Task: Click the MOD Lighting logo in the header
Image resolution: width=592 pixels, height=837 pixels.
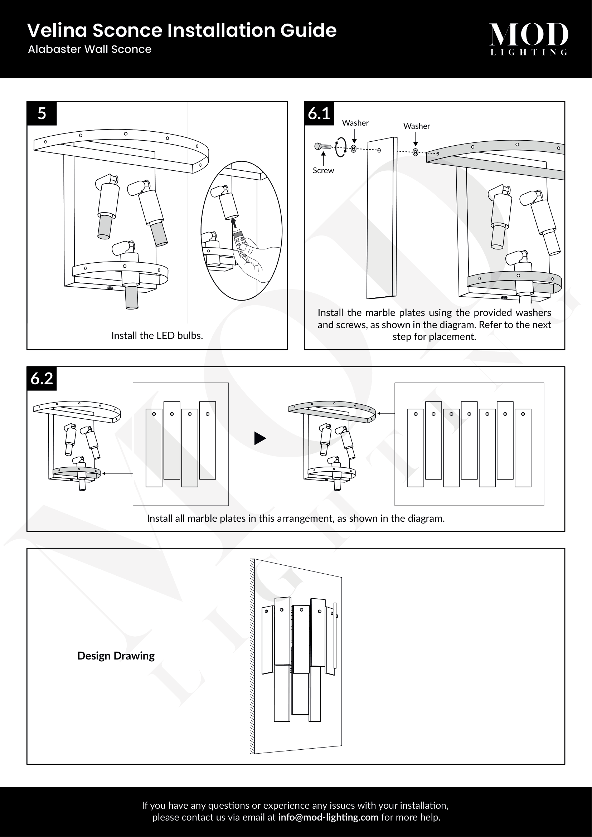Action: coord(529,38)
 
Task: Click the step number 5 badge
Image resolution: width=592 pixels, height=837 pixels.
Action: coord(42,113)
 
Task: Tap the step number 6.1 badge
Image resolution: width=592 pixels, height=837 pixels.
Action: coord(319,113)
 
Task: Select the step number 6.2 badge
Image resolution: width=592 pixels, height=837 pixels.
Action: coord(42,378)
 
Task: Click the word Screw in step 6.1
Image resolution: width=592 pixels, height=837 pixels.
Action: coord(323,171)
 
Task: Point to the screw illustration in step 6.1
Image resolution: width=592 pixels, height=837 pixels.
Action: coord(322,147)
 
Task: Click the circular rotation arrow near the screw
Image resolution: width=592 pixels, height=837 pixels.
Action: coord(341,147)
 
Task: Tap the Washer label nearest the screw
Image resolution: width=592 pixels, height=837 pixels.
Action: coord(355,123)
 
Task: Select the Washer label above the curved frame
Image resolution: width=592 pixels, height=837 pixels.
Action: coord(416,126)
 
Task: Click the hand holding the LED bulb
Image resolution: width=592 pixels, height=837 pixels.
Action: coord(252,261)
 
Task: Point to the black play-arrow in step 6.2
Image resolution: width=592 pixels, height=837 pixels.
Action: coord(260,438)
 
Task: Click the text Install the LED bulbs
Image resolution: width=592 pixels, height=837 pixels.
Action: coord(157,335)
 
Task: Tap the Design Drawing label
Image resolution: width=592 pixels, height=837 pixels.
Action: coord(116,656)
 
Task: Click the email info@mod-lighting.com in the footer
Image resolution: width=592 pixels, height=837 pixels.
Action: coord(328,817)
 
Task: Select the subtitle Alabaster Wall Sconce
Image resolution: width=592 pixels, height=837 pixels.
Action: coord(90,49)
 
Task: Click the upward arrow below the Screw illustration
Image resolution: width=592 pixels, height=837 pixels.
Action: coord(323,158)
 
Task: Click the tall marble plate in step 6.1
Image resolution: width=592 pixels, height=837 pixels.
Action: coord(381,219)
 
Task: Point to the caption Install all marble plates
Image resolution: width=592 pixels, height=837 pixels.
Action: coord(296,519)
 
